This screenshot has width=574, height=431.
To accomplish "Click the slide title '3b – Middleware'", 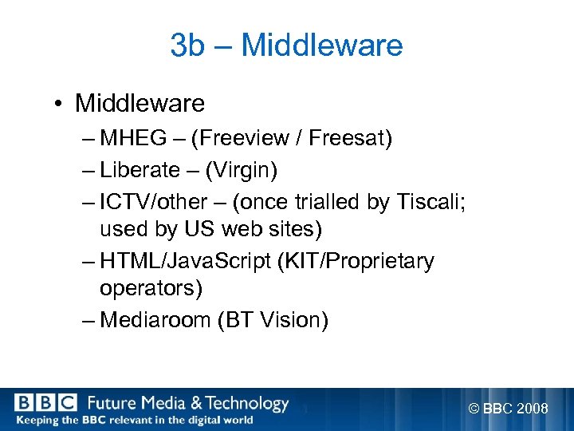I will [x=286, y=45].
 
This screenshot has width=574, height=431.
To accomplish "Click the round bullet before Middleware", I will [x=61, y=104].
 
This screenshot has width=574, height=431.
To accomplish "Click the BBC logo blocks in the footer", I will [x=45, y=403].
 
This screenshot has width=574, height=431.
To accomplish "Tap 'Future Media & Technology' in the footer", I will [x=187, y=403].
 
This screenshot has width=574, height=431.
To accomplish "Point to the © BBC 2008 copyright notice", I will [x=508, y=409].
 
